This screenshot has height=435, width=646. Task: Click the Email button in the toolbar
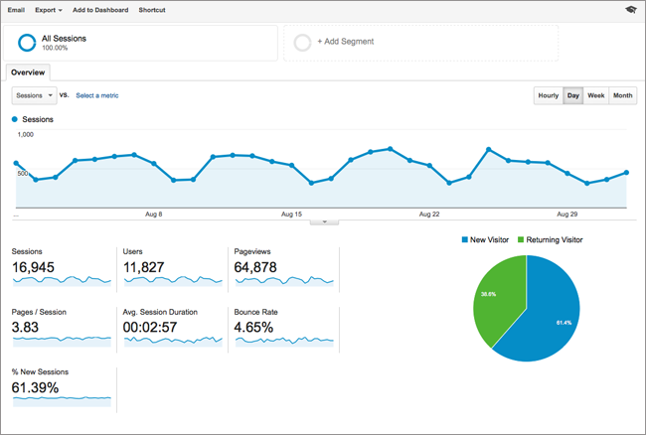point(16,10)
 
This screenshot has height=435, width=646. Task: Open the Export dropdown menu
point(49,10)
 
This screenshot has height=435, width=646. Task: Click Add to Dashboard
point(100,10)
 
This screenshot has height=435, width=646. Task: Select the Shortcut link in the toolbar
point(152,10)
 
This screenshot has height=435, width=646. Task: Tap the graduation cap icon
point(631,10)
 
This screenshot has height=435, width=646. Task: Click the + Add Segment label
point(345,42)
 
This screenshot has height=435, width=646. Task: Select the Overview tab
point(28,72)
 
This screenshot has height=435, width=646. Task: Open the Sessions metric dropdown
point(34,95)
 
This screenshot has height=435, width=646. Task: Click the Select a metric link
point(97,95)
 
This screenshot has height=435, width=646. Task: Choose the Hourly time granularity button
point(549,95)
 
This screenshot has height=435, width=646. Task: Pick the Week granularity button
point(595,95)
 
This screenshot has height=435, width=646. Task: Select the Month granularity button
point(622,95)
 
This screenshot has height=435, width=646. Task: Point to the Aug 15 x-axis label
point(291,214)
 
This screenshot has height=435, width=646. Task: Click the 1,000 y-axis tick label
point(25,135)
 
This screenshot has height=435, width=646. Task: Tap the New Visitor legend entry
point(485,240)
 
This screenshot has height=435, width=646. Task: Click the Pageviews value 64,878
point(255,267)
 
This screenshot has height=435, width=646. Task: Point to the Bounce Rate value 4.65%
point(253,328)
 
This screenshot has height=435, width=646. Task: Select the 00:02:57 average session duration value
point(150,328)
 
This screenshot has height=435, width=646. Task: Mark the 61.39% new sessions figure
point(35,387)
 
